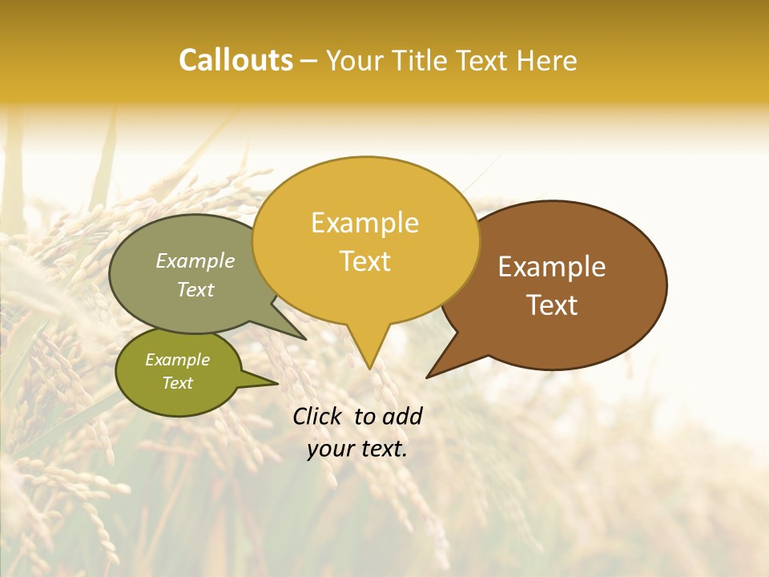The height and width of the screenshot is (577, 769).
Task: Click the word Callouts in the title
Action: (236, 60)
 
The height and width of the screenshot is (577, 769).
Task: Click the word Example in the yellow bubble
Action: (364, 223)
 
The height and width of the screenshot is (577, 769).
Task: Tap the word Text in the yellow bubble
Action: (364, 261)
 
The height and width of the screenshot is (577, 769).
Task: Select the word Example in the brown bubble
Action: (552, 267)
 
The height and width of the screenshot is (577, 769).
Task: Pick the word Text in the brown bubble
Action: (552, 305)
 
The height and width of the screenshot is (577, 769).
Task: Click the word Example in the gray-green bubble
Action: (195, 260)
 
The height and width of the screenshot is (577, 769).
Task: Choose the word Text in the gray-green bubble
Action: (195, 289)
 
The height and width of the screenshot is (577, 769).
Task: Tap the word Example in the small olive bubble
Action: (177, 360)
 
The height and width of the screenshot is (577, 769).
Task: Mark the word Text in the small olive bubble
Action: (177, 383)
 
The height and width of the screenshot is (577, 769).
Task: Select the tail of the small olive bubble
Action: (264, 381)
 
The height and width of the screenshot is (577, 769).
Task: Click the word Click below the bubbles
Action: (318, 416)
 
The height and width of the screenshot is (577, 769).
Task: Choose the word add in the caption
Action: (401, 416)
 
